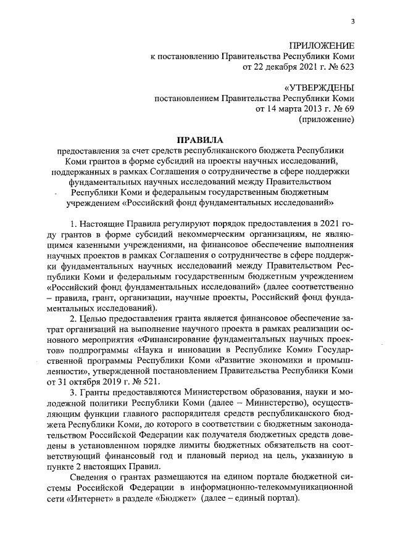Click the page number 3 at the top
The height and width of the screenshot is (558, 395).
(352, 23)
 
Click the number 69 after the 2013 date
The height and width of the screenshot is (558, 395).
(349, 108)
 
